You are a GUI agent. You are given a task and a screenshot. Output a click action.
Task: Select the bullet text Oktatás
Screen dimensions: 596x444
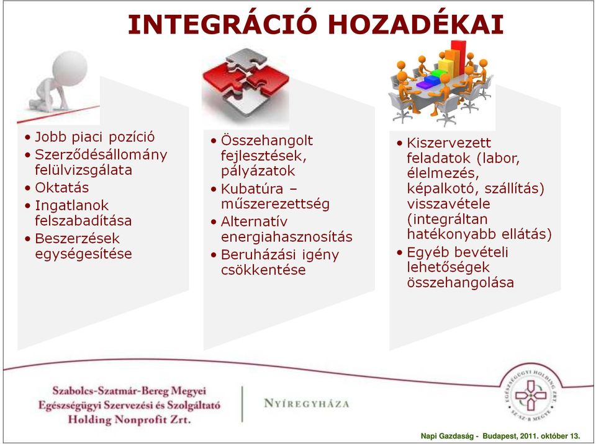pos(62,188)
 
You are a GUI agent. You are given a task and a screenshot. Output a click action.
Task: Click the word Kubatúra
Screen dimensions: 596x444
pos(252,189)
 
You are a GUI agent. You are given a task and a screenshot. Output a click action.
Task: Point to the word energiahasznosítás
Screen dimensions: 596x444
pos(287,237)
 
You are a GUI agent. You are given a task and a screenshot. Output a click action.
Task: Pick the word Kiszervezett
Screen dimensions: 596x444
pos(449,143)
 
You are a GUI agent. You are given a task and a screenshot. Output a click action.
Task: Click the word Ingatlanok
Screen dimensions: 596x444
pos(72,205)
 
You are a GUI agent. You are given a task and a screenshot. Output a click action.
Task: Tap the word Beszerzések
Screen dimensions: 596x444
pos(77,239)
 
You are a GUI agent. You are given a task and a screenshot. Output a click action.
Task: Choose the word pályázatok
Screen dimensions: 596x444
pos(258,171)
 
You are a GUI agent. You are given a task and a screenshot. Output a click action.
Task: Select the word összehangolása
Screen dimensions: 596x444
pos(460,283)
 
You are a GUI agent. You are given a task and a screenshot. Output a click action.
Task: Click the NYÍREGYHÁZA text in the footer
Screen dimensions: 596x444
pos(306,403)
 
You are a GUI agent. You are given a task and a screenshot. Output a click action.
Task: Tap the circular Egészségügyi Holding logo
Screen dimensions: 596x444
pos(531,395)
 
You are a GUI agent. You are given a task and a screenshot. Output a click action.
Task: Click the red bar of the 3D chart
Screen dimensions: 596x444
pos(458,57)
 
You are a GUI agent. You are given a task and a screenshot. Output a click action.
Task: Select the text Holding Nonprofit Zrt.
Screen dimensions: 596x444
pos(129,420)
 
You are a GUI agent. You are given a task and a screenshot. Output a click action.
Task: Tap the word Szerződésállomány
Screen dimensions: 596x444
pos(101,155)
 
